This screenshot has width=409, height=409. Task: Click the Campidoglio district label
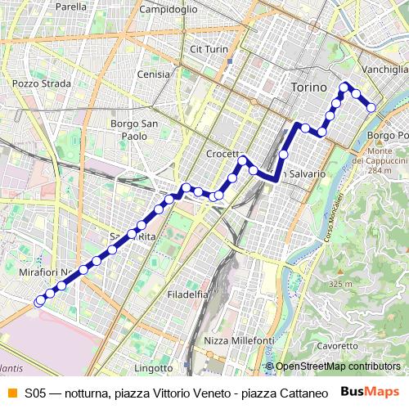168,9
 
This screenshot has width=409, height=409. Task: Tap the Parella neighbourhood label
71,7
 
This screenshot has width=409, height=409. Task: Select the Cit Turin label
208,49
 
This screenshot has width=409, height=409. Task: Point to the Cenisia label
154,74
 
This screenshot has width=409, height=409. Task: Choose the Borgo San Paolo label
128,130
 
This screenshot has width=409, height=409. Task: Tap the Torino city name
308,86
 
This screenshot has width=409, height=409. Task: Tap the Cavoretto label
338,346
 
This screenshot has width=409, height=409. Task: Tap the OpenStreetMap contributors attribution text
338,366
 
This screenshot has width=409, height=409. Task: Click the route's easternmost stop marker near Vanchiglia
371,107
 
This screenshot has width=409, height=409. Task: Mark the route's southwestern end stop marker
38,301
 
